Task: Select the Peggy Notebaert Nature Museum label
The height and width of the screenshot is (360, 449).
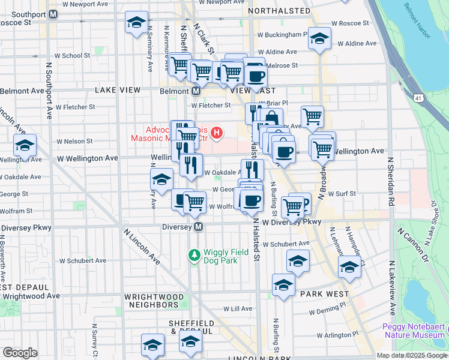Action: tap(414, 331)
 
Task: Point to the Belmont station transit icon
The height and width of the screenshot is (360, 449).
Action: tap(196, 91)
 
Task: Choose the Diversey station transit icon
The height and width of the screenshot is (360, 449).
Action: tap(199, 227)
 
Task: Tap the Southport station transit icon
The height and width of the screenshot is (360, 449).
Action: tap(53, 14)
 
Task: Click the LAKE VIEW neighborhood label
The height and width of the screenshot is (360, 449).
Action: tap(118, 90)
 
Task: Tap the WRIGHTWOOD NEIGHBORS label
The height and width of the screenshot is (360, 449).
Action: tap(151, 301)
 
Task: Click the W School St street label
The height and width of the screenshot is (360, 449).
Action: tap(73, 56)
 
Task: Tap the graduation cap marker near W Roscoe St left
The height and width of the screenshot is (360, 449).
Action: tap(136, 23)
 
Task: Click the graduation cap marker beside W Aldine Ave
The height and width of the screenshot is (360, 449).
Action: tap(319, 39)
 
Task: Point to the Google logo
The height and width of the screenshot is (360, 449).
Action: tap(20, 353)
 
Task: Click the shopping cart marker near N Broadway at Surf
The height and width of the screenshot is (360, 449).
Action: tap(292, 208)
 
